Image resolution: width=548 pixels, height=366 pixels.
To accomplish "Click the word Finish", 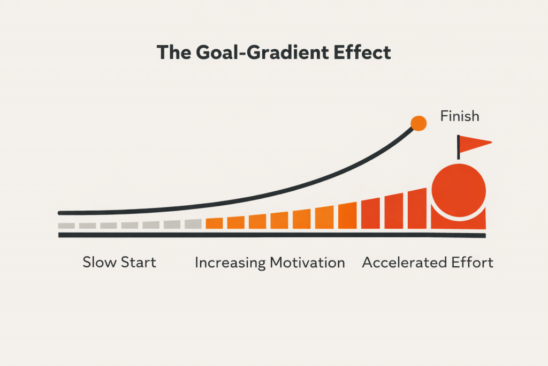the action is [x=460, y=116].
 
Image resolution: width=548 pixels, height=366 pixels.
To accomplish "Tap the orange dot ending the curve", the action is [x=418, y=123].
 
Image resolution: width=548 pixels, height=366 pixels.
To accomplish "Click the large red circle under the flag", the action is [x=459, y=190].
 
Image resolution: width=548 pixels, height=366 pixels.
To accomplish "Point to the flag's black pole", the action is [x=458, y=147].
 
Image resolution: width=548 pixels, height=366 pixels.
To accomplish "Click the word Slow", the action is [x=99, y=263].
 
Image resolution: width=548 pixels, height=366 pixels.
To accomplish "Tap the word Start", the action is [x=139, y=263].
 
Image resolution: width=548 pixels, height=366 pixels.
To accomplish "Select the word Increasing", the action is [x=230, y=263].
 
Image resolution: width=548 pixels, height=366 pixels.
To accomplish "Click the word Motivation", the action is [x=308, y=263].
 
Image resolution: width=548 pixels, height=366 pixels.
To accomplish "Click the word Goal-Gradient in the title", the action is [x=262, y=53].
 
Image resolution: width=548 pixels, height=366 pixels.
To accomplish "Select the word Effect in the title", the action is [x=362, y=53].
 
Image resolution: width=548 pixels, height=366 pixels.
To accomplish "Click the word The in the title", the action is [x=174, y=53].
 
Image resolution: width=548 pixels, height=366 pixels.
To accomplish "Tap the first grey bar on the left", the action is [x=66, y=226].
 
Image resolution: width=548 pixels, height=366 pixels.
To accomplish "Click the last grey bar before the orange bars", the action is [x=193, y=224].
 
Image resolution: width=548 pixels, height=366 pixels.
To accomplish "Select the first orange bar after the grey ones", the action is [x=214, y=223].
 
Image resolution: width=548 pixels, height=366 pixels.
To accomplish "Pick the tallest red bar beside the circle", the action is [x=417, y=208].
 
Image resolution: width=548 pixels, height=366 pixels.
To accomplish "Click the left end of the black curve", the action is [x=60, y=213].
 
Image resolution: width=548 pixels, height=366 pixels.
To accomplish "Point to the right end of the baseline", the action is [x=484, y=235].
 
